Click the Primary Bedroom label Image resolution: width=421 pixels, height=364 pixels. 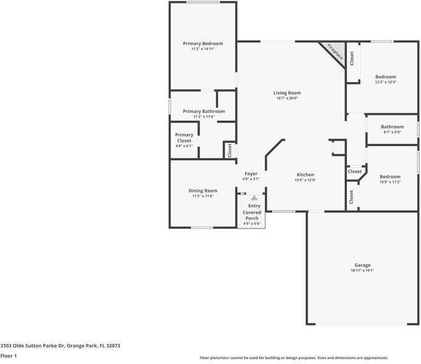pyautogui.click(x=203, y=44)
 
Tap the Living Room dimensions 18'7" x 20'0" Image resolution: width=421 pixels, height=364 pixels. pyautogui.click(x=287, y=98)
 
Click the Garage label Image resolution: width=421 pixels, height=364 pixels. pyautogui.click(x=363, y=265)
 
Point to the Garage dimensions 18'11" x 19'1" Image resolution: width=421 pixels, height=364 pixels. pyautogui.click(x=363, y=270)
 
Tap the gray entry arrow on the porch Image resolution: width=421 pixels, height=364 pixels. pyautogui.click(x=255, y=198)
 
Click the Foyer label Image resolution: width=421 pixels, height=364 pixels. pyautogui.click(x=251, y=174)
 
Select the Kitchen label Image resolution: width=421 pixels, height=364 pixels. pyautogui.click(x=306, y=174)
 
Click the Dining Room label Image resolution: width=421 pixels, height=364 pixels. pyautogui.click(x=203, y=191)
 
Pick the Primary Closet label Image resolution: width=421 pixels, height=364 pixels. pyautogui.click(x=184, y=138)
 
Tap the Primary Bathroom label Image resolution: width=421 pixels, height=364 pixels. pyautogui.click(x=204, y=111)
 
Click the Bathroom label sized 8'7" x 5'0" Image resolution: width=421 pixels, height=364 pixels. pyautogui.click(x=392, y=127)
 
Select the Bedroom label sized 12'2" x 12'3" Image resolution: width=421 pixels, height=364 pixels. pyautogui.click(x=386, y=77)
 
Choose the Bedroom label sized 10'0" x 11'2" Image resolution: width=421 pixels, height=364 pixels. pyautogui.click(x=390, y=177)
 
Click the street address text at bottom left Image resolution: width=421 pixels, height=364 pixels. pyautogui.click(x=60, y=346)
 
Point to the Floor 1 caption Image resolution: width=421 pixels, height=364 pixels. pyautogui.click(x=9, y=356)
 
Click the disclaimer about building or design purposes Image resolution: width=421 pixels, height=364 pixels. pyautogui.click(x=294, y=358)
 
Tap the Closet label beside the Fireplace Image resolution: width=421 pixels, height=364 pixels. pyautogui.click(x=352, y=58)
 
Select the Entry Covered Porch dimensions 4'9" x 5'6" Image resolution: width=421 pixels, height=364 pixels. pyautogui.click(x=252, y=224)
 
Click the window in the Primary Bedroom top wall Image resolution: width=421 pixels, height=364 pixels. pyautogui.click(x=204, y=2)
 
